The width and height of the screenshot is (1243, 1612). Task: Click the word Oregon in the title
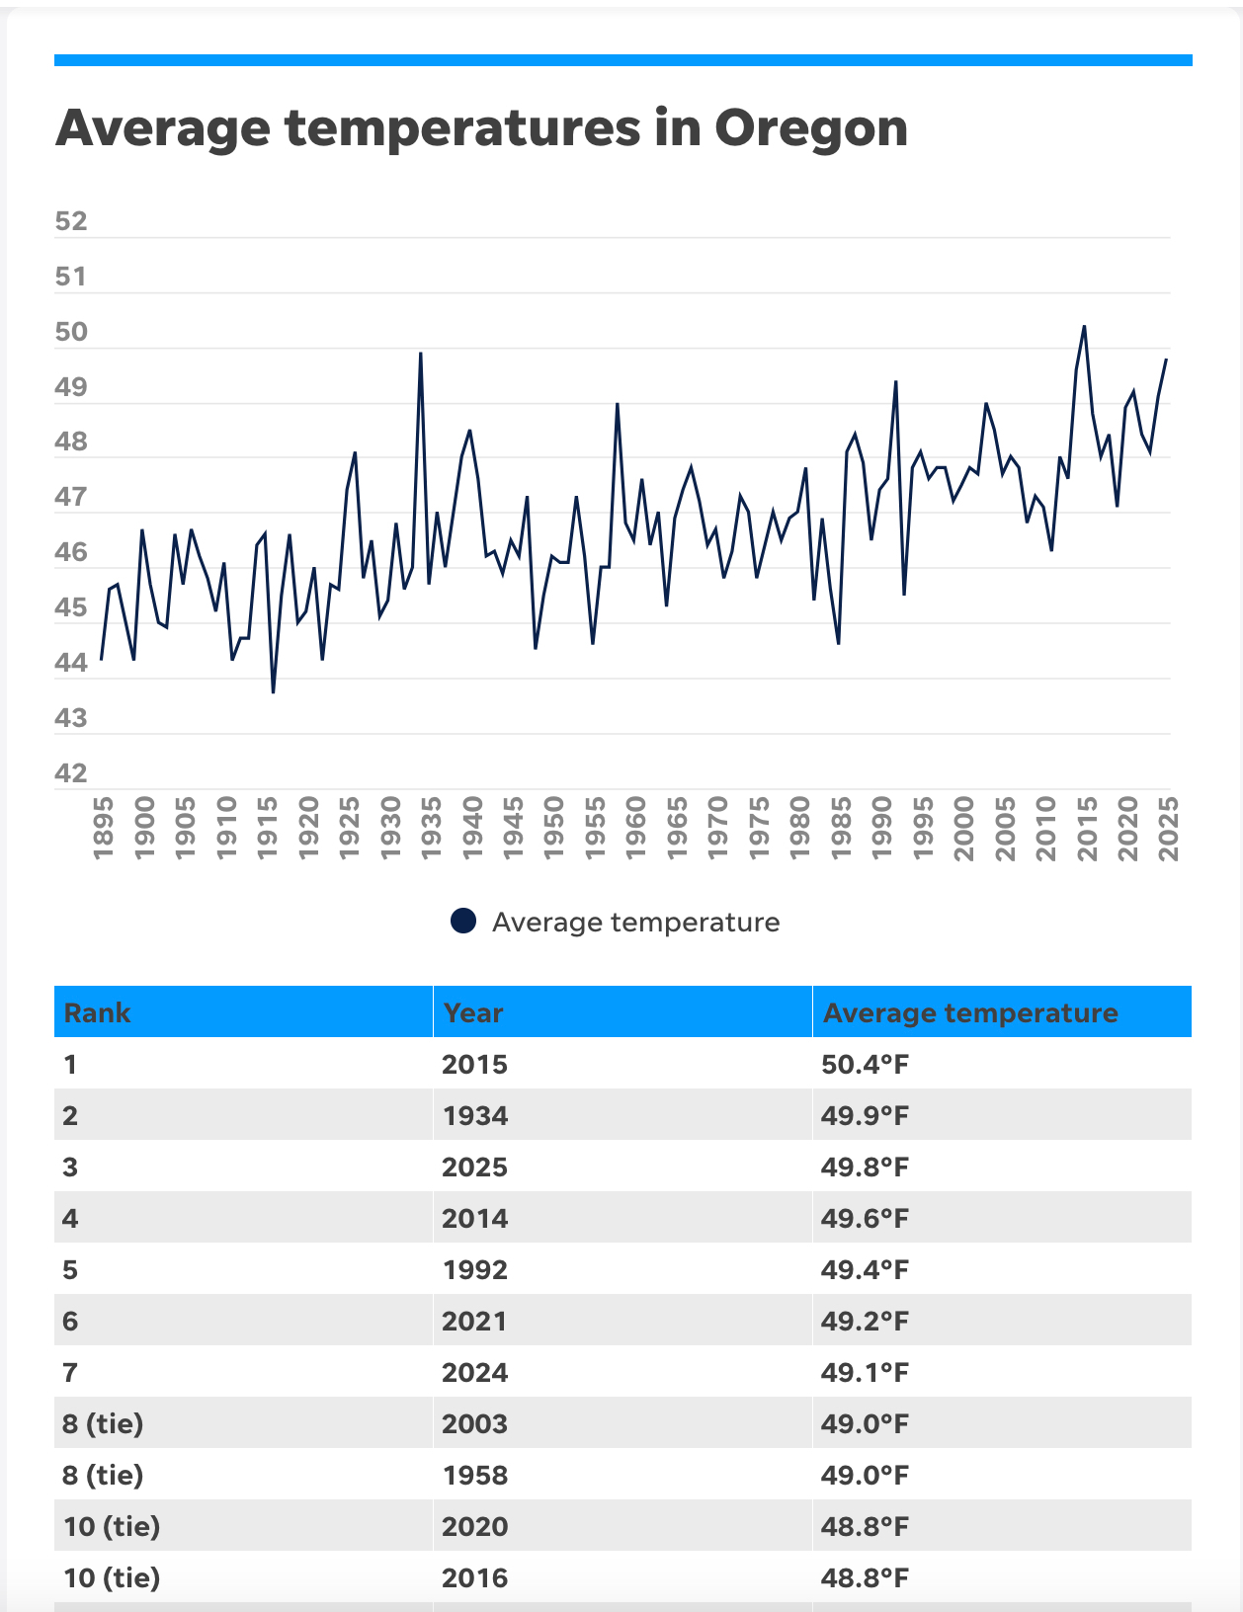[810, 128]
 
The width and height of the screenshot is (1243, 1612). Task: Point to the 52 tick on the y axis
[71, 221]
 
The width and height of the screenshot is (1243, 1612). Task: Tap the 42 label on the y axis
[71, 773]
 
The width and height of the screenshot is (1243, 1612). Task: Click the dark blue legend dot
[463, 922]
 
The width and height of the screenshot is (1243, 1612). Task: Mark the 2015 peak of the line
[1084, 326]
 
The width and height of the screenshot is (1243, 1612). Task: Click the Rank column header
[97, 1012]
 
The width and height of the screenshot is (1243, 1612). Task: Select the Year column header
[473, 1012]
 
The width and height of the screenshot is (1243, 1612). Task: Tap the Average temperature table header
[970, 1012]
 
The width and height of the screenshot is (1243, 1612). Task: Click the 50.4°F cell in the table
[865, 1065]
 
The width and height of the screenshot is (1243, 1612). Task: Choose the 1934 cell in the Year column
[474, 1116]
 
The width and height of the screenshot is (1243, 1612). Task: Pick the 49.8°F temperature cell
[865, 1168]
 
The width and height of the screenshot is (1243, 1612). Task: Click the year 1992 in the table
[474, 1270]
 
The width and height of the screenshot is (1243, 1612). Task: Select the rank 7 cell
[70, 1373]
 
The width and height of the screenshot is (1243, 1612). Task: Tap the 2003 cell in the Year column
[474, 1424]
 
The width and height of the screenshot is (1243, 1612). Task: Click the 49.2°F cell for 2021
[865, 1322]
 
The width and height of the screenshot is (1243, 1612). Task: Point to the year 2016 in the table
[474, 1578]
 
